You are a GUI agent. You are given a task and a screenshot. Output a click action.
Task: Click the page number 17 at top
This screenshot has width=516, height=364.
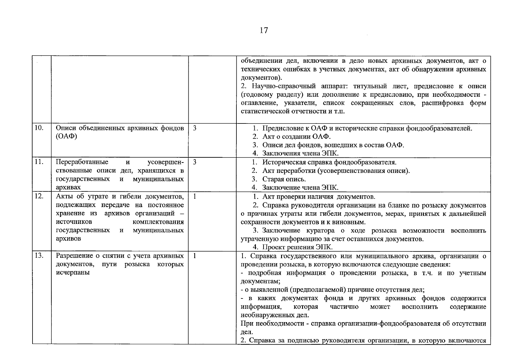click(264, 30)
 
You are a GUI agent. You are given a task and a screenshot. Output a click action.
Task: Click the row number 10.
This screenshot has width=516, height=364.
click(39, 128)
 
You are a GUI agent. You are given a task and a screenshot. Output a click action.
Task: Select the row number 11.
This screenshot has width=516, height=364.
click(39, 162)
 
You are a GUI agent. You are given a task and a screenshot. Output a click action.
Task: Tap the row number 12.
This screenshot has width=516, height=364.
click(39, 196)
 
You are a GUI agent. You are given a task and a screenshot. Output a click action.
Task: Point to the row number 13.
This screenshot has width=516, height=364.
click(39, 256)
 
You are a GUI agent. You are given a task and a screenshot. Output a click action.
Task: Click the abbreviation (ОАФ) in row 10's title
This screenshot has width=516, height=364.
click(67, 136)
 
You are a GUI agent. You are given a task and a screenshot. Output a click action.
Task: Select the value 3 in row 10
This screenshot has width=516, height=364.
click(194, 128)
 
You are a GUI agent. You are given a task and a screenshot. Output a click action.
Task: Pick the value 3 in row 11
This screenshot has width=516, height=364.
click(194, 162)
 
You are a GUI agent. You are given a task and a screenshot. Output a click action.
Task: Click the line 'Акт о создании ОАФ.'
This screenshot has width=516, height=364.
click(296, 136)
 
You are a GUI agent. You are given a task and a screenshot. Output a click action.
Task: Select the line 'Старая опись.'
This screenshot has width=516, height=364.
click(284, 179)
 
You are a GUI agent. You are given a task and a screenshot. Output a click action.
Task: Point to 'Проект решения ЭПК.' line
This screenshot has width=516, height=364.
click(297, 247)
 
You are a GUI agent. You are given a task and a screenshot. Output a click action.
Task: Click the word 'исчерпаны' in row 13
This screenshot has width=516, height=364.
click(73, 272)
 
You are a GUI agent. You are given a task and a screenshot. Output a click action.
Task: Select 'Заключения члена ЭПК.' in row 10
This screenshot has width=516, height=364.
click(300, 153)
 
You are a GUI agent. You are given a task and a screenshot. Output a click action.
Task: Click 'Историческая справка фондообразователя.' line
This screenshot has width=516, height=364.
click(329, 162)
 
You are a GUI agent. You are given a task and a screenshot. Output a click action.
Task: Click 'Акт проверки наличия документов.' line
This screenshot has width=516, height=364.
click(318, 197)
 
